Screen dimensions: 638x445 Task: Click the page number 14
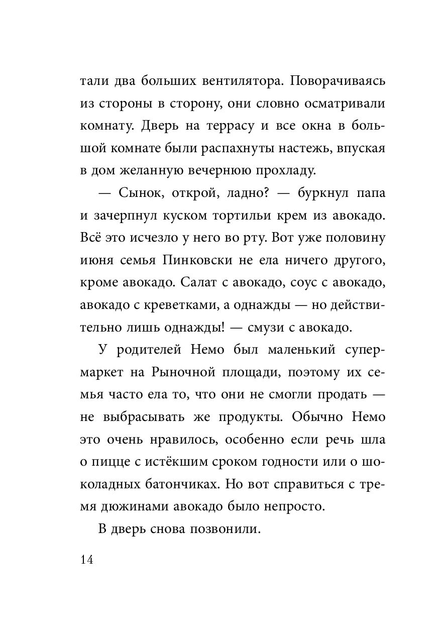pos(86,560)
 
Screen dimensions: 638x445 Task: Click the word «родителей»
pos(145,350)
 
